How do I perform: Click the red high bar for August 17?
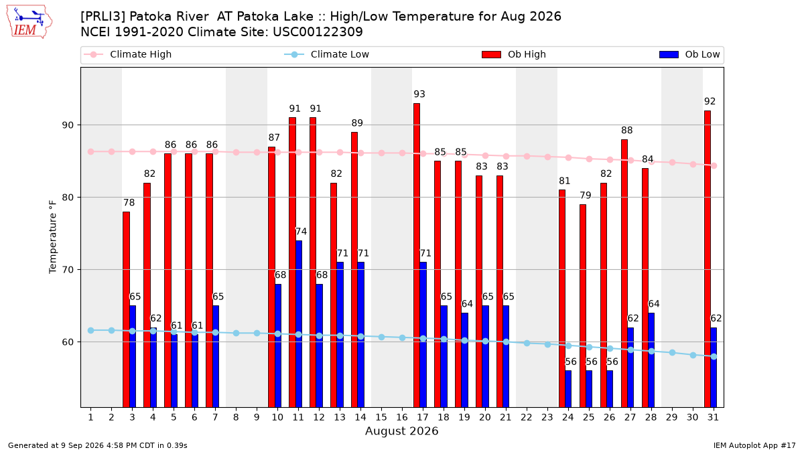pos(417,255)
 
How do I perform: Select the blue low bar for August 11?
pos(299,324)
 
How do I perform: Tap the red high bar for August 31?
pos(708,259)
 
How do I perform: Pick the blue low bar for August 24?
pos(568,389)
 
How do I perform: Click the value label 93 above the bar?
pos(419,94)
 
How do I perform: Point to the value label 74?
pos(301,232)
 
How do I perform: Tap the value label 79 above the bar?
pos(586,195)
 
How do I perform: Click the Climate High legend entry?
pos(127,54)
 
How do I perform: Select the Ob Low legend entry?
pos(689,54)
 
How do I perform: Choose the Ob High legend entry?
pos(514,54)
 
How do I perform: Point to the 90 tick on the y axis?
pos(68,125)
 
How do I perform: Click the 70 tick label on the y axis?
pos(68,270)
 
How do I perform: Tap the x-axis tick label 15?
pos(381,417)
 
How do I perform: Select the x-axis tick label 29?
pos(672,417)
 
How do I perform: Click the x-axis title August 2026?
pos(402,431)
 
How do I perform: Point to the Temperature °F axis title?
pos(53,237)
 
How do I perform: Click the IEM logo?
pos(29,22)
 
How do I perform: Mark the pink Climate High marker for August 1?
pos(91,152)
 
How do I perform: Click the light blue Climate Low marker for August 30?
pos(693,355)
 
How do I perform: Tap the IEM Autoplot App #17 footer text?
pos(754,445)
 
